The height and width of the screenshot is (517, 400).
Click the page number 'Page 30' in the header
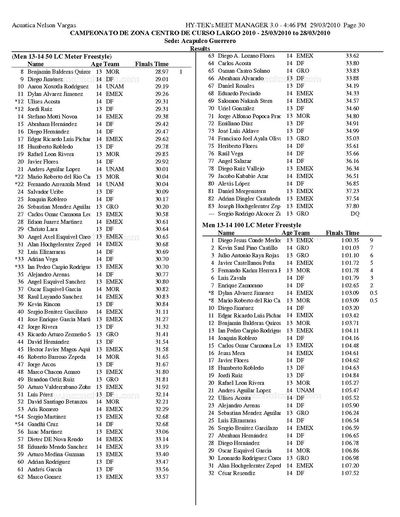pos(354,25)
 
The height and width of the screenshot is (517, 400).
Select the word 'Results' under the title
pos(200,49)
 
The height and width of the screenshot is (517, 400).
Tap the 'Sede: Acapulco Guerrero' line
pos(200,41)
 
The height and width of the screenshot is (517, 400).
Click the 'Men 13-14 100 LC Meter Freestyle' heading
pos(252,225)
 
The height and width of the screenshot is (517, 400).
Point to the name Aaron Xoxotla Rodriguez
pos(58,86)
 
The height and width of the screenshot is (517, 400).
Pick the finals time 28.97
pos(162,72)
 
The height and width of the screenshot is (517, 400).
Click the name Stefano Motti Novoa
pos(52,117)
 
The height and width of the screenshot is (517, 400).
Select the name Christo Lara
pos(42,229)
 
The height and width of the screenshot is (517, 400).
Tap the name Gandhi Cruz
pos(43,424)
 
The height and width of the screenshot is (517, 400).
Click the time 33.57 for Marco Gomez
pos(162,477)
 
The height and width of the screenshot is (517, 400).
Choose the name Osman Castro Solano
pos(244,71)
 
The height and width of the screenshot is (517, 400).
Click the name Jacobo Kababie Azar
pos(243,176)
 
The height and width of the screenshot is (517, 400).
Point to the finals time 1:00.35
pos(350,240)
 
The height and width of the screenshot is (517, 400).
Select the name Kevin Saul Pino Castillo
pos(248,248)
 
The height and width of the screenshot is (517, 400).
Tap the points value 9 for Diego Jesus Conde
pos(371,240)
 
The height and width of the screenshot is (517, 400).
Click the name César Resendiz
pos(237,473)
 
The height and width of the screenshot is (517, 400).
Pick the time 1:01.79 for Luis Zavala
pos(350,278)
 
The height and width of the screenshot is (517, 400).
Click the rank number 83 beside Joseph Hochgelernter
pos(211,206)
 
